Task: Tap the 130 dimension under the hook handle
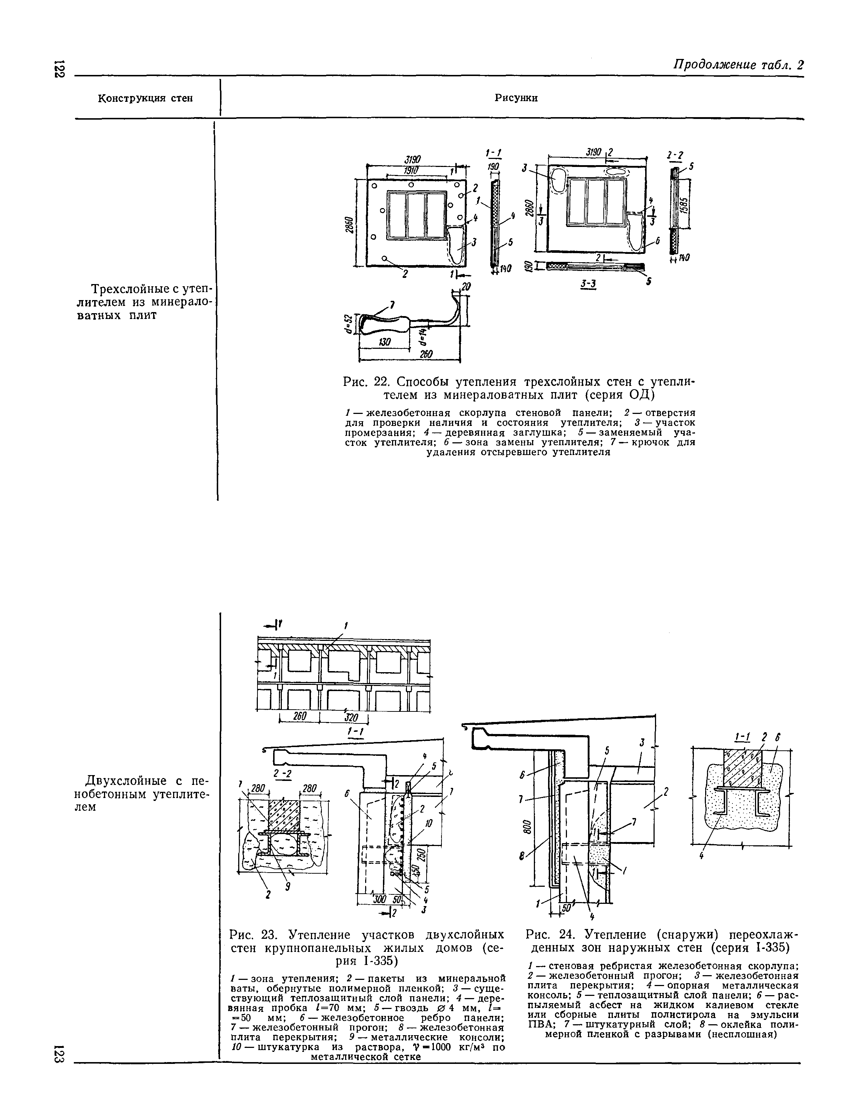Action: [x=384, y=342]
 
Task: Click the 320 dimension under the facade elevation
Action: [x=353, y=718]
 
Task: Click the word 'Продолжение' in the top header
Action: [x=714, y=65]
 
